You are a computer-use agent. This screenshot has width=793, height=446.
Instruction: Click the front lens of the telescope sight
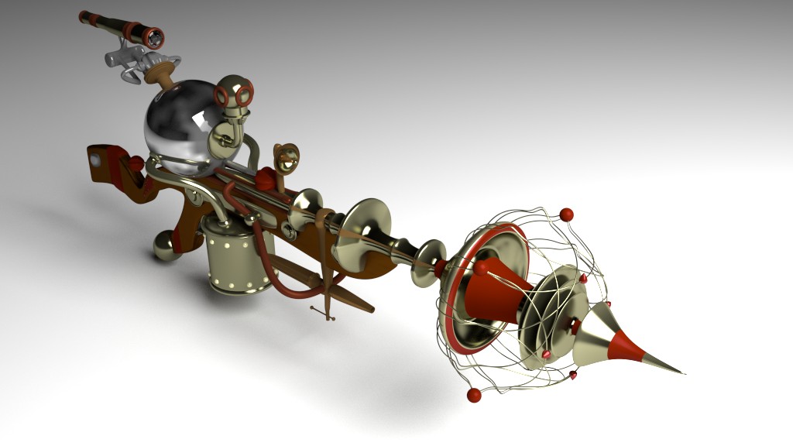(x=155, y=36)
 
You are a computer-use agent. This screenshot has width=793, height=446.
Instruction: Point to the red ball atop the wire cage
(x=566, y=213)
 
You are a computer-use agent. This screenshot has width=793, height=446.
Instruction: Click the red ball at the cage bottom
(x=474, y=396)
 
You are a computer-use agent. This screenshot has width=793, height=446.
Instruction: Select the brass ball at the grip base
(x=165, y=246)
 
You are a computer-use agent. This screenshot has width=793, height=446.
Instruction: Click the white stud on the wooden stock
(x=96, y=160)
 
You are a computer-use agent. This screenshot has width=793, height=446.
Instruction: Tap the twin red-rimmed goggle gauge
(x=233, y=94)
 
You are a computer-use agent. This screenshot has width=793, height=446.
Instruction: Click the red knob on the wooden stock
(x=136, y=163)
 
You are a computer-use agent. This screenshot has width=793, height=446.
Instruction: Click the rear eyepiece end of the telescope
(x=84, y=15)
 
